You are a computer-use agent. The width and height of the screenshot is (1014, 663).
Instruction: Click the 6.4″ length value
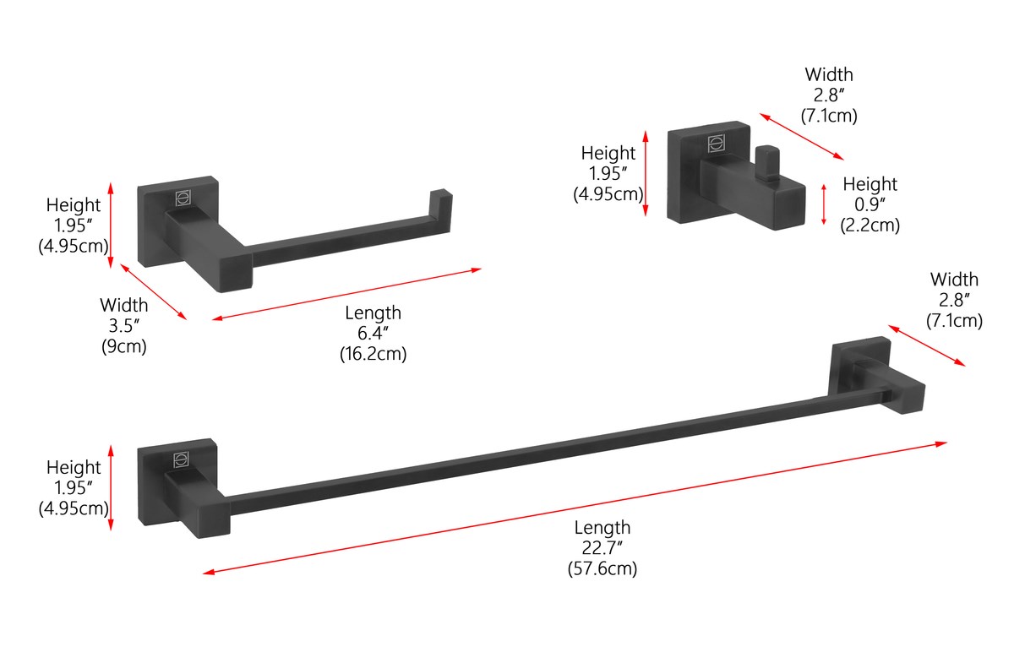[373, 333]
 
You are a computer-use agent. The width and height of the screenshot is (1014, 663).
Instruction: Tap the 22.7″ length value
[602, 548]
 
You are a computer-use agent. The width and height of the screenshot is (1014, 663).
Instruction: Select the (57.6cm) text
[602, 568]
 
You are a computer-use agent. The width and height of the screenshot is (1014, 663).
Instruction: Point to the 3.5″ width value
[123, 326]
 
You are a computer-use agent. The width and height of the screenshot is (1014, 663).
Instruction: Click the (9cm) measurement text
[123, 346]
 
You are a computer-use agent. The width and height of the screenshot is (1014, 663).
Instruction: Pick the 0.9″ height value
[870, 204]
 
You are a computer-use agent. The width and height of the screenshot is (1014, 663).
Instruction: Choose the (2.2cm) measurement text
[870, 226]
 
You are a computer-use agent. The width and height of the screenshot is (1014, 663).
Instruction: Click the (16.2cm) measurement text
[373, 354]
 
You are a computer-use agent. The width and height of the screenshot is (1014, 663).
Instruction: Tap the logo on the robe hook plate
[717, 144]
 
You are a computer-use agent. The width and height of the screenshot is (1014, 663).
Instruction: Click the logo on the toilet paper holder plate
[183, 198]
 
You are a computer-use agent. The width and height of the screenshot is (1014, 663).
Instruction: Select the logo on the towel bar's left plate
[181, 460]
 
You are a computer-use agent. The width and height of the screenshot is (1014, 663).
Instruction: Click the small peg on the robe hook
[767, 162]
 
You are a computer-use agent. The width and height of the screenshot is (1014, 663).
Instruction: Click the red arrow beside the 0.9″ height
[823, 204]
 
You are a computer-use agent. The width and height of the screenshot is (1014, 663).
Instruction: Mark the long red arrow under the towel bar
[575, 508]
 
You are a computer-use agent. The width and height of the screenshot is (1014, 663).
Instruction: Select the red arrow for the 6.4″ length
[346, 294]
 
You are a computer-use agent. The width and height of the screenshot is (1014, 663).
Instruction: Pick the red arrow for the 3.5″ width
[154, 292]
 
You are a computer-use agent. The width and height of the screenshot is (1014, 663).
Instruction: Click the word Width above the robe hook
[829, 74]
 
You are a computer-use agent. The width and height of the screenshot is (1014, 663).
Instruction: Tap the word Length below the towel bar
[602, 528]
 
